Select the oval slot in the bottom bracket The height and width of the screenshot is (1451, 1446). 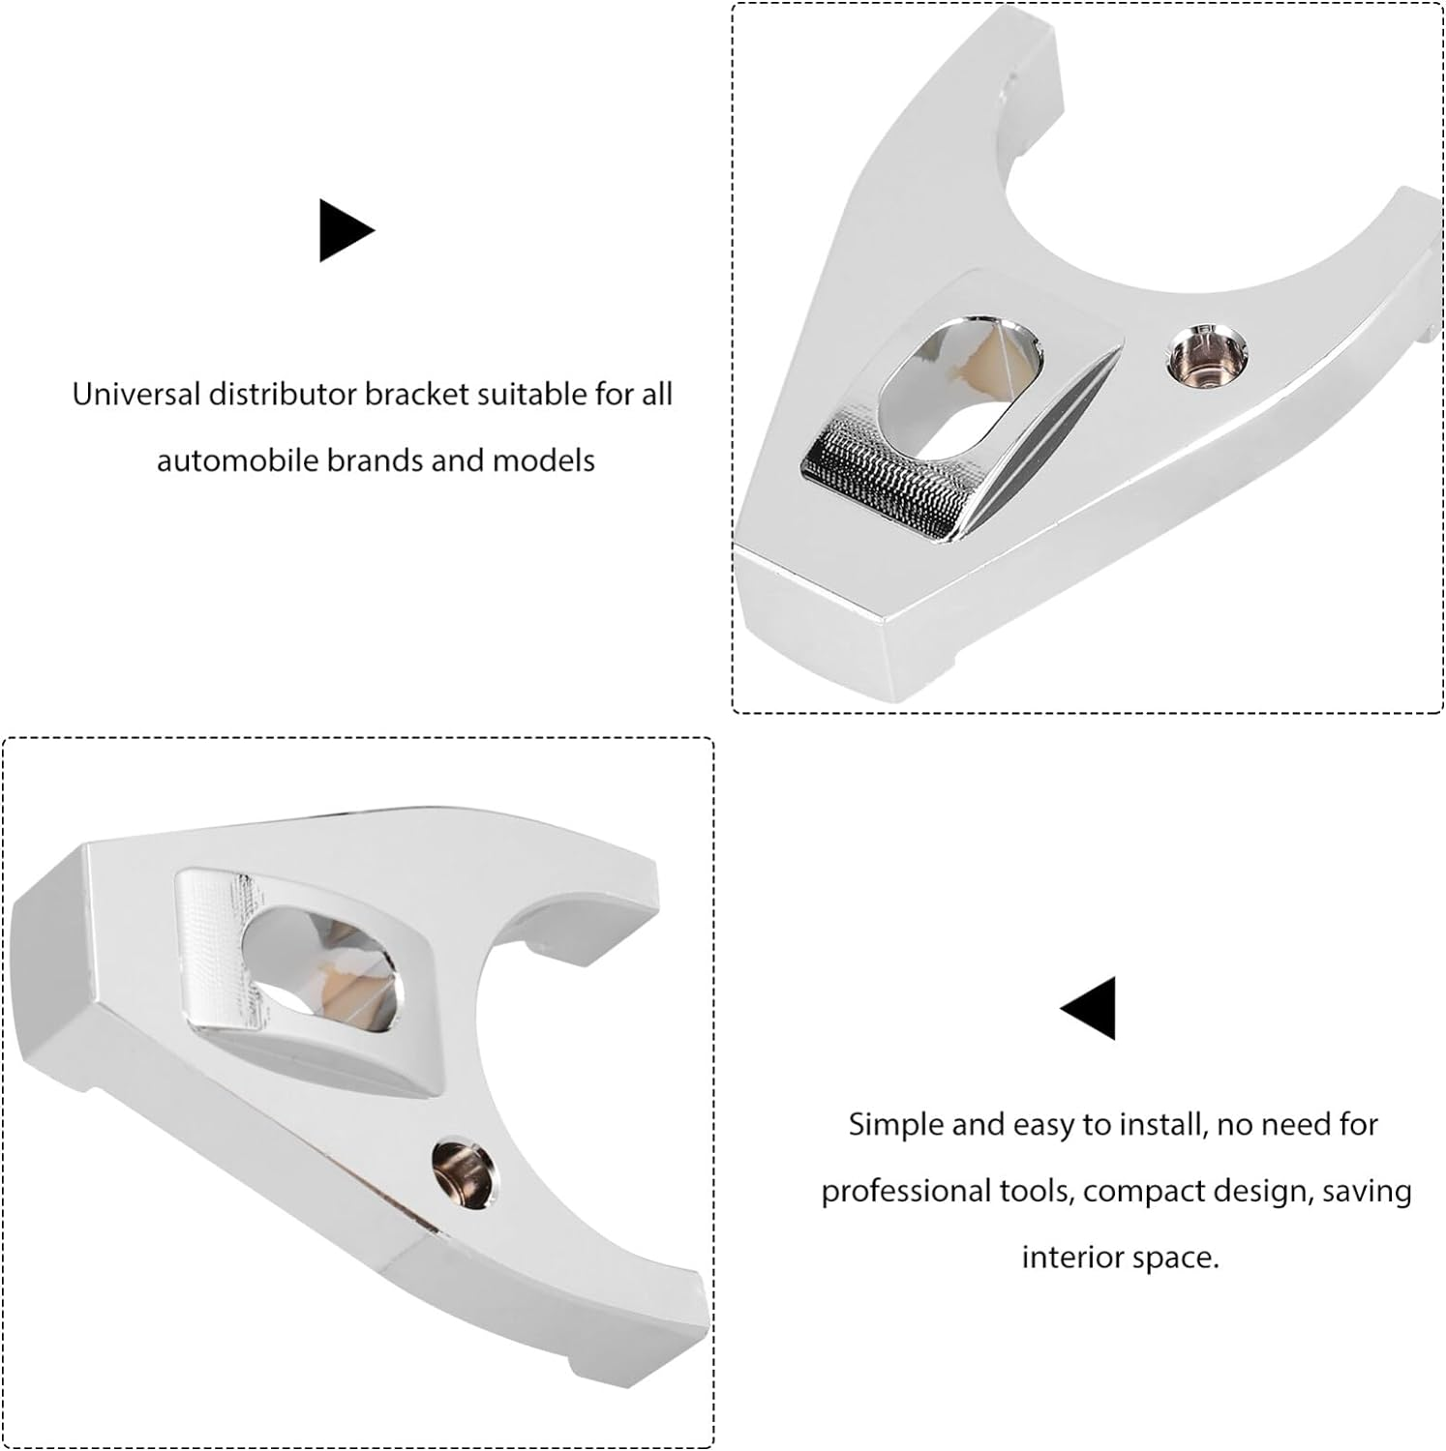319,959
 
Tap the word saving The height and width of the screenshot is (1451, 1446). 1366,1192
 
